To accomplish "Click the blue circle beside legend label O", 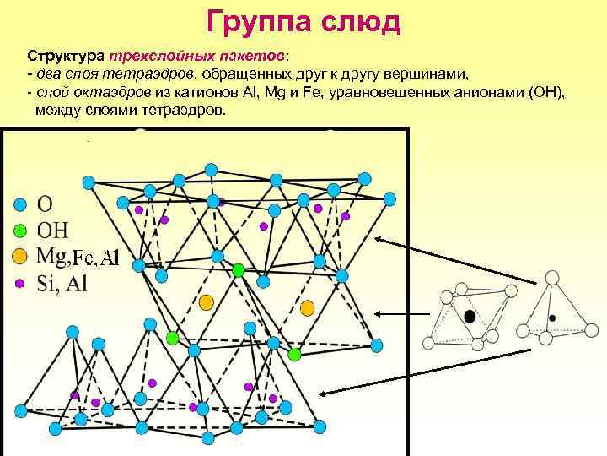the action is tap(21, 204).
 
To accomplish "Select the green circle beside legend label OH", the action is tap(21, 229).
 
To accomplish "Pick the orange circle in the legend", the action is tap(21, 255).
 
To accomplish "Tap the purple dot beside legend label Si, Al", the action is tap(21, 282).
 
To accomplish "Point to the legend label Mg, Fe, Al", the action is tap(79, 256).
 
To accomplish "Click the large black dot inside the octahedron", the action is tap(469, 316).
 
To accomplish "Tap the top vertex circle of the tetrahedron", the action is tap(552, 277).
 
